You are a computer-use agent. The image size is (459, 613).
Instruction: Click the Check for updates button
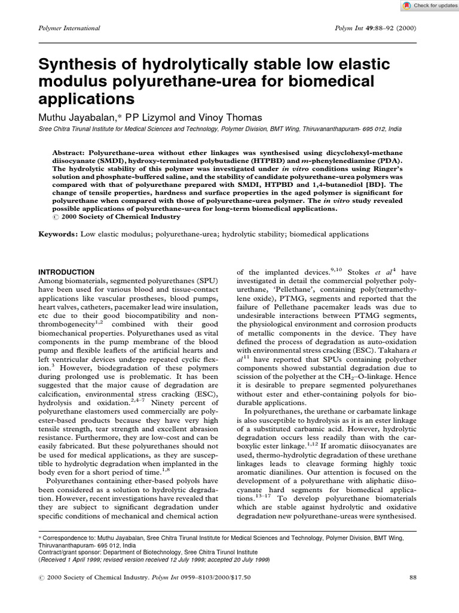pyautogui.click(x=426, y=5)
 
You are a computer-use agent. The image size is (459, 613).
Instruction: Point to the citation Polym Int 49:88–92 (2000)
pyautogui.click(x=378, y=28)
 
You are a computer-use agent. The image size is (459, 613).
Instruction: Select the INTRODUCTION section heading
pyautogui.click(x=66, y=272)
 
